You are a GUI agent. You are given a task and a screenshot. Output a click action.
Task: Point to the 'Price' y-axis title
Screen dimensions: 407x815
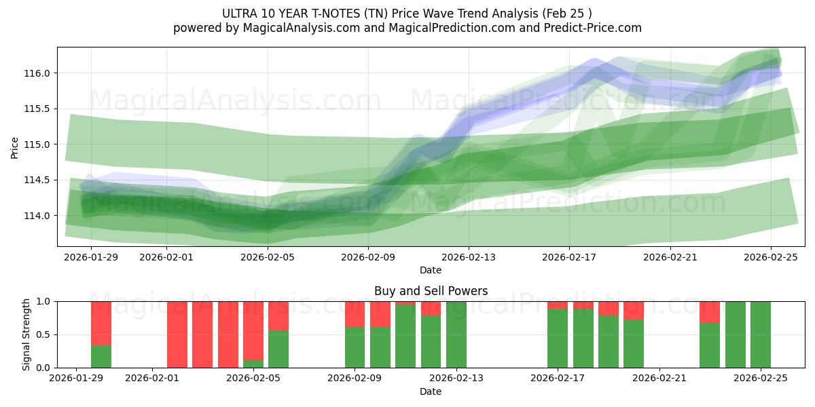(x=15, y=148)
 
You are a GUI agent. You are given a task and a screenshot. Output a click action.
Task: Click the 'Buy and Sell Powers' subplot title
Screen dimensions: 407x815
(x=431, y=291)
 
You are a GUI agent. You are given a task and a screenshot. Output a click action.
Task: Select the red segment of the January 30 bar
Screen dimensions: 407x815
(x=101, y=323)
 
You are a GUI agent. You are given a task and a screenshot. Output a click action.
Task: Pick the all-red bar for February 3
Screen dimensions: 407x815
(x=202, y=334)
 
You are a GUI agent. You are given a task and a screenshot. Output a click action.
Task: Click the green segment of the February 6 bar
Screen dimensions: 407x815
(x=278, y=349)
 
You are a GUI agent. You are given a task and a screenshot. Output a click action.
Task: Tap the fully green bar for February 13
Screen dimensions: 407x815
(x=456, y=334)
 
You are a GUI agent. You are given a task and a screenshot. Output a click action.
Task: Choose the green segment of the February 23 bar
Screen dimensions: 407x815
(x=710, y=345)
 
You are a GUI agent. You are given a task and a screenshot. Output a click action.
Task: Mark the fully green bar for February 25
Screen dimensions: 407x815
(x=761, y=334)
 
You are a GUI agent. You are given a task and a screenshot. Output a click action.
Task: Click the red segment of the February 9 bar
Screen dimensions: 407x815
(x=355, y=314)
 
